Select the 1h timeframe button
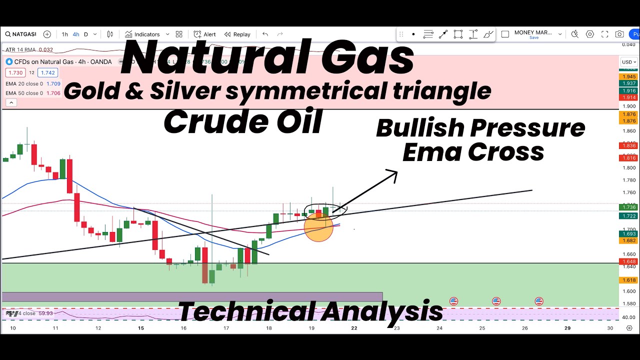[65, 34]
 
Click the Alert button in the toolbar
[205, 34]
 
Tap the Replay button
[237, 34]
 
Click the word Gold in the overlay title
[90, 90]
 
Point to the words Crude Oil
[242, 121]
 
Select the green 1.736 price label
[628, 207]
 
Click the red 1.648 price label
[628, 261]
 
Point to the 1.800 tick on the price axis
[628, 168]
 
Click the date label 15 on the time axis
[141, 328]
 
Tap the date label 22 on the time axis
[354, 328]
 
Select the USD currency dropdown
[628, 62]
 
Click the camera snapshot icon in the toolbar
[619, 34]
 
